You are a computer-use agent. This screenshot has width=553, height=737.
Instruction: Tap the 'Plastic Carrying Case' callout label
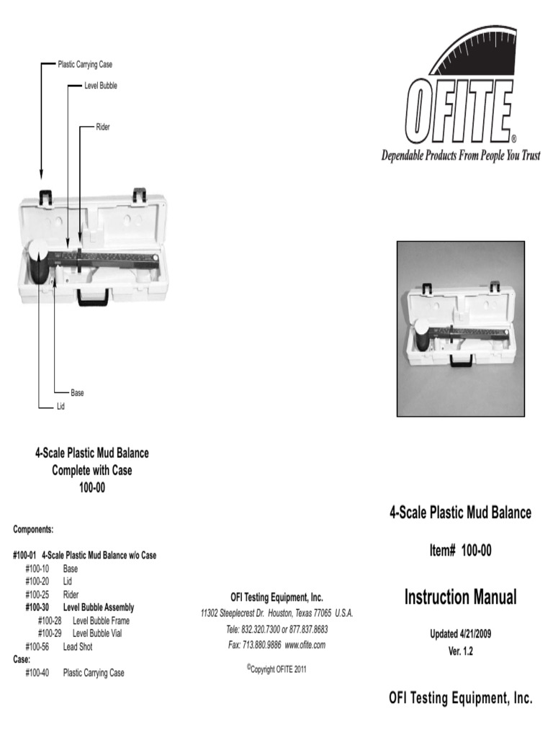(85, 65)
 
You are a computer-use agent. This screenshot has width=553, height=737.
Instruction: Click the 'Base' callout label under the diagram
(77, 393)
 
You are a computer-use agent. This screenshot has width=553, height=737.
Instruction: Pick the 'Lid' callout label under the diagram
(60, 407)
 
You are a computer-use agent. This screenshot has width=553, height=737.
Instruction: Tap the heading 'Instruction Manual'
(460, 597)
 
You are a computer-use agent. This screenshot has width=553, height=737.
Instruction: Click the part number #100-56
(37, 646)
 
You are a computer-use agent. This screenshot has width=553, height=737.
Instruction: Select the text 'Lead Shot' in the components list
(78, 646)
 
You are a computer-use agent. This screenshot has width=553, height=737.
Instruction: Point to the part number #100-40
(37, 673)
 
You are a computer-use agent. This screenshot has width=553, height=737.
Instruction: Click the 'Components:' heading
(33, 529)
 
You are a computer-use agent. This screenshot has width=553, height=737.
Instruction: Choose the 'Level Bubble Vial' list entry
(101, 633)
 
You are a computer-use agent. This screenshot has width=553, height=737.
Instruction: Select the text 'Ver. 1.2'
(460, 651)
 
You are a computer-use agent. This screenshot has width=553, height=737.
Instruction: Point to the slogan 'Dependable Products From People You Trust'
(460, 156)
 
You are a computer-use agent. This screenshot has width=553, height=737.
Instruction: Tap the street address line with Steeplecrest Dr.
(276, 613)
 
